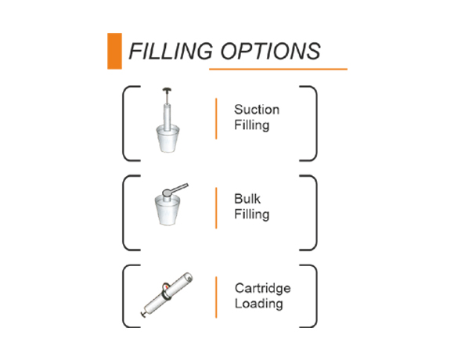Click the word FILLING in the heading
pos(171,51)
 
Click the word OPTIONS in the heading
pos(270,51)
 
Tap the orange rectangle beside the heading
pos(114,51)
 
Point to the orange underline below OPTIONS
pos(278,69)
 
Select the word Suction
pos(257,110)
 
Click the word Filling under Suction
pos(251,125)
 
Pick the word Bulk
pos(247,199)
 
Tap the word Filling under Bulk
pos(251,214)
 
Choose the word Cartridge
pos(262,288)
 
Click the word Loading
pos(259,304)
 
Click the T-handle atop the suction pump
pos(167,90)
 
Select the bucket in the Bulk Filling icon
pos(168,210)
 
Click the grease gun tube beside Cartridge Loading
pos(169,293)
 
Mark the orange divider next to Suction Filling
pos(216,119)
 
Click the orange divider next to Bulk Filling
pos(216,208)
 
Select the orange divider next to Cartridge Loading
pos(216,297)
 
